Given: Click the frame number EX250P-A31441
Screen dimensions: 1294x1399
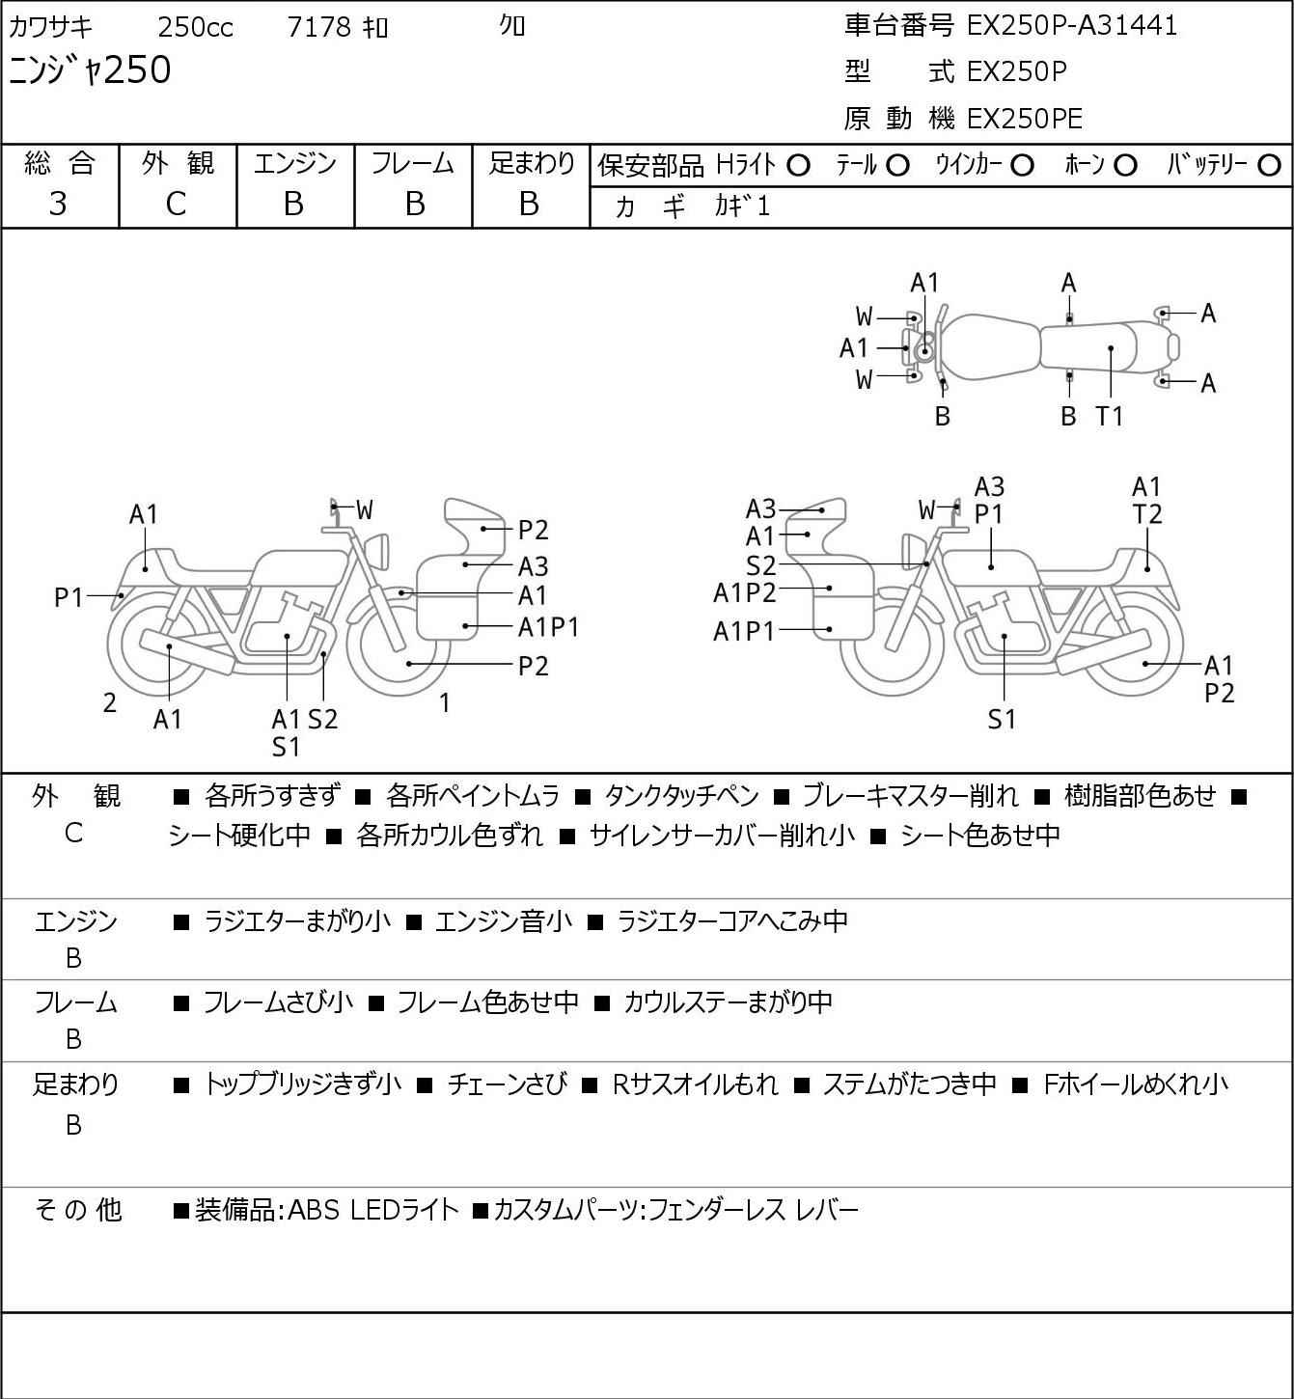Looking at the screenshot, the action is tap(1071, 26).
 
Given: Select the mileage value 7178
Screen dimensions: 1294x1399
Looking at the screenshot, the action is tap(319, 27).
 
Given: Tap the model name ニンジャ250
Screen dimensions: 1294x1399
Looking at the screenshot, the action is tap(90, 70).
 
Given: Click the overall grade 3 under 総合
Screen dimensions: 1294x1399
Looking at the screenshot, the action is tap(58, 205).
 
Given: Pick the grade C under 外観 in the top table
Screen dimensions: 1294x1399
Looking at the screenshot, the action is tap(177, 205).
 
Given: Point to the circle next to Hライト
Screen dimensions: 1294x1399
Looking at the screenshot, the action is tap(798, 166).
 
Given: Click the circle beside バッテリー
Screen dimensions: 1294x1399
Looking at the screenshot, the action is tap(1269, 166).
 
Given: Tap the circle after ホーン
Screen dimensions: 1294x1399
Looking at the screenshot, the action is tap(1125, 166).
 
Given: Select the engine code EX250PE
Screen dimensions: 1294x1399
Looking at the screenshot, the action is tap(1025, 119).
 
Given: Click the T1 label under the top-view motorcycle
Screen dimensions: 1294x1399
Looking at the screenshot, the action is tap(1109, 416).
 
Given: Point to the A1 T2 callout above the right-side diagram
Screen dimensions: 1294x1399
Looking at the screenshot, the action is tap(1146, 501).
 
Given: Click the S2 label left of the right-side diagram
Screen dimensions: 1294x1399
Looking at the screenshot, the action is tap(761, 565).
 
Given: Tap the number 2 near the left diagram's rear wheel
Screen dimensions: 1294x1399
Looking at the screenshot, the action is tap(109, 702).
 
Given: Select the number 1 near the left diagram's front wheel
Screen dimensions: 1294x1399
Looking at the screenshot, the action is tap(445, 702).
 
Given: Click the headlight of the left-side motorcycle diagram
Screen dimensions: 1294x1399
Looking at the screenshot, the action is tap(377, 552).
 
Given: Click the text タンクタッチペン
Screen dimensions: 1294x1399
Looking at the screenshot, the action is tap(681, 796).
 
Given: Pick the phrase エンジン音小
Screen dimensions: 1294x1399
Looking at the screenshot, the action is tap(504, 921).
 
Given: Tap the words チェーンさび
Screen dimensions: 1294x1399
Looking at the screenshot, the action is tap(507, 1084).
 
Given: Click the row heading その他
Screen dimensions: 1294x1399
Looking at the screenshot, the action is tap(78, 1210).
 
